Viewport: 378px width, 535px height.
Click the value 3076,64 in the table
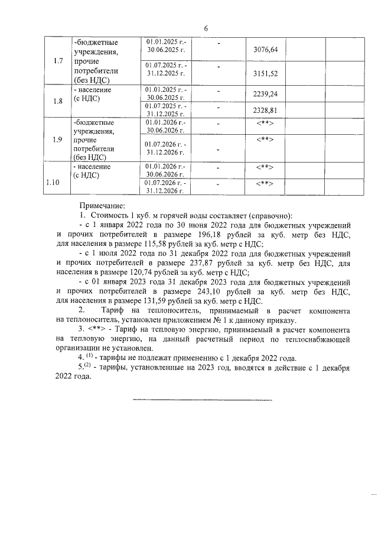[x=265, y=50]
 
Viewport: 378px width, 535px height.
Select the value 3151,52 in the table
[x=265, y=74]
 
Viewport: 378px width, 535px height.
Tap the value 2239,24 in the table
[x=265, y=93]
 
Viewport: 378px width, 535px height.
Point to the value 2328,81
[x=265, y=110]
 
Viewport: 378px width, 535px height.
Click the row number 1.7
[x=58, y=61]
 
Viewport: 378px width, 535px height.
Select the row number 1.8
[x=58, y=101]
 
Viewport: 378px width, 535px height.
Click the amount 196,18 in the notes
[x=210, y=234]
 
